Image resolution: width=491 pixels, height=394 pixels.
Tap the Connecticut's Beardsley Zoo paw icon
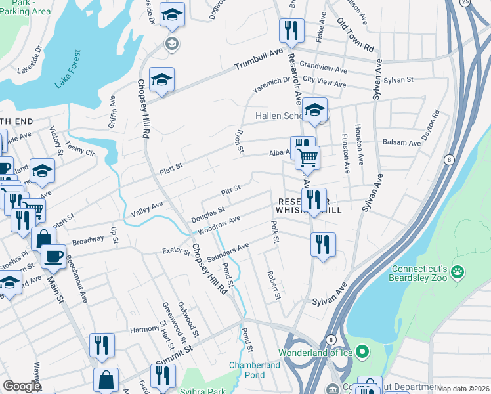pos(458,271)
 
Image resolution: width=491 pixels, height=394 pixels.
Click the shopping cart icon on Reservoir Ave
pos(307,158)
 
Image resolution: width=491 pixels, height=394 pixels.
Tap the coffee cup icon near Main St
pos(53,255)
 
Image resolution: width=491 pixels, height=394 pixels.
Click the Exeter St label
pos(175,252)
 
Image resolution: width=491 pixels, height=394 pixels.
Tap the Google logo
pos(22,386)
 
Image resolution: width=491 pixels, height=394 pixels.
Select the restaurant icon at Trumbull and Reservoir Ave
pos(289,30)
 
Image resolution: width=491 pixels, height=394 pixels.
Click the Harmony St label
pos(146,329)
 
